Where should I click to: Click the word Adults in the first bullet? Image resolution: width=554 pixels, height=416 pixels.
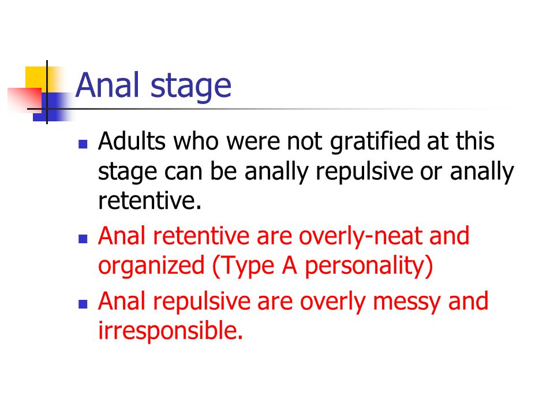(x=132, y=141)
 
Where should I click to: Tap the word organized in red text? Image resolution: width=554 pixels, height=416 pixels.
(x=151, y=266)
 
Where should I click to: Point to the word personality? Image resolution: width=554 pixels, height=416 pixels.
(x=365, y=266)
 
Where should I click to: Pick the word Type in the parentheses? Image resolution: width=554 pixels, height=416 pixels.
(x=247, y=266)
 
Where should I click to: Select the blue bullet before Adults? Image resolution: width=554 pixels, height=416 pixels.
(x=83, y=144)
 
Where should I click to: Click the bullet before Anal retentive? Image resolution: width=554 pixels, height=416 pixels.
(x=83, y=239)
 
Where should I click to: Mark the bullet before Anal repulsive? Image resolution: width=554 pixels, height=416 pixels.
(x=83, y=304)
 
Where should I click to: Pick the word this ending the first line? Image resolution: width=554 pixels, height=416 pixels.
(x=475, y=141)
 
